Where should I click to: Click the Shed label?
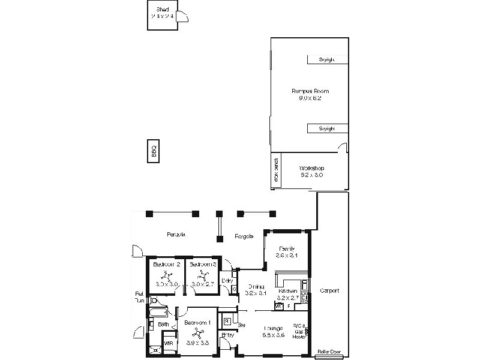(x=162, y=10)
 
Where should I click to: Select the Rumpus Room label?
(x=310, y=91)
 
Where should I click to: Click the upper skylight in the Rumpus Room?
(x=328, y=59)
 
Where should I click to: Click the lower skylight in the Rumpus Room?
(x=328, y=128)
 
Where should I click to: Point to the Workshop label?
(x=311, y=168)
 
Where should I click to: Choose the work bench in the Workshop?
(x=276, y=170)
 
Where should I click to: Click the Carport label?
(x=329, y=290)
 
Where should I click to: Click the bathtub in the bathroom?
(x=159, y=313)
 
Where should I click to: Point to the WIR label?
(x=169, y=344)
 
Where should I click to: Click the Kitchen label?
(x=287, y=291)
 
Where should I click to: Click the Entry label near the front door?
(x=227, y=335)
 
